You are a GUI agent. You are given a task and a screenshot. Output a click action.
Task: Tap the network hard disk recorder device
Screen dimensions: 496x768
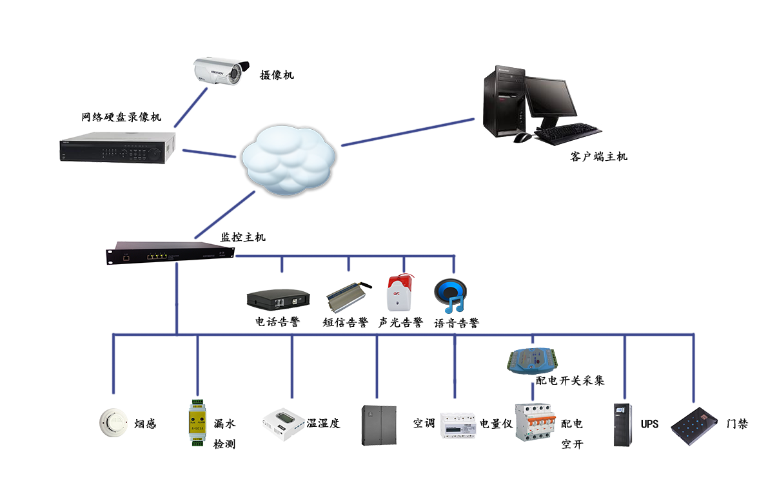pyautogui.click(x=117, y=148)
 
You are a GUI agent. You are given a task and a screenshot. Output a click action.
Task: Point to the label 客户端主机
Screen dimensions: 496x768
pyautogui.click(x=598, y=157)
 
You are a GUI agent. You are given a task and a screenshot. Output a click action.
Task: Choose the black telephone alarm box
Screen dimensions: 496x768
pyautogui.click(x=278, y=299)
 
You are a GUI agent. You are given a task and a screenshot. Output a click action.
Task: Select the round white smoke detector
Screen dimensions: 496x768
pyautogui.click(x=113, y=422)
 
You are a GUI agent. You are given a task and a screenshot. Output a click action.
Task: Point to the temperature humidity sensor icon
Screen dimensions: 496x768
pyautogui.click(x=283, y=422)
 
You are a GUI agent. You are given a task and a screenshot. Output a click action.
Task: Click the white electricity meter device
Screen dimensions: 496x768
pyautogui.click(x=458, y=426)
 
